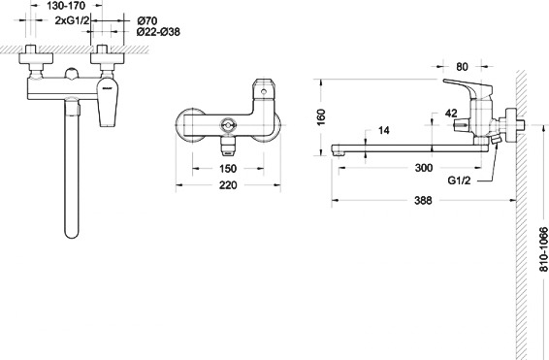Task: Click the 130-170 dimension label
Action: pos(66,6)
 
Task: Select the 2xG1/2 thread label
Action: pos(72,20)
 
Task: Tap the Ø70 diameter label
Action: pos(146,20)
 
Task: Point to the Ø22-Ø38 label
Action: pos(158,32)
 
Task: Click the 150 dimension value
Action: pos(228,169)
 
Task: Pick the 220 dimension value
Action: pos(228,185)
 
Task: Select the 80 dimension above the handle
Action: pos(462,67)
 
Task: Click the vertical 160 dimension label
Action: pos(321,117)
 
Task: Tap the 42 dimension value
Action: pos(451,114)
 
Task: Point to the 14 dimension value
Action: pos(384,130)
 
